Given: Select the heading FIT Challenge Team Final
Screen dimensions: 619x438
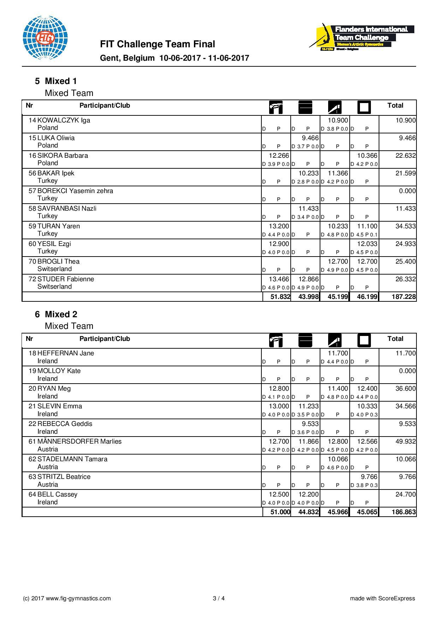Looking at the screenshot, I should pyautogui.click(x=158, y=44).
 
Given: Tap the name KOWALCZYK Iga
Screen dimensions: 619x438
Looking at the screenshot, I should pyautogui.click(x=64, y=120).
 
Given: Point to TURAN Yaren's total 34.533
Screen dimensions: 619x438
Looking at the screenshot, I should pyautogui.click(x=405, y=226).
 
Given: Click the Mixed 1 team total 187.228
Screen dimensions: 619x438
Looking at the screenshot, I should pyautogui.click(x=403, y=297).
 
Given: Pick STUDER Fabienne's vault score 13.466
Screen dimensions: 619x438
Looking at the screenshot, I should pyautogui.click(x=279, y=279).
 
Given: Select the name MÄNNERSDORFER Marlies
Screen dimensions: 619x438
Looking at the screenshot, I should pyautogui.click(x=79, y=441).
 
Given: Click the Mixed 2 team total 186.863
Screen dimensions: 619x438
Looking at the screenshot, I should pyautogui.click(x=403, y=512).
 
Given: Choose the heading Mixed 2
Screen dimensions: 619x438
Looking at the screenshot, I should pyautogui.click(x=61, y=314).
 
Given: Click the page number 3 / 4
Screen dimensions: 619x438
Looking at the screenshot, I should pyautogui.click(x=219, y=598).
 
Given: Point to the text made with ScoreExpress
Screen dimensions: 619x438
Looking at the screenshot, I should pyautogui.click(x=383, y=598).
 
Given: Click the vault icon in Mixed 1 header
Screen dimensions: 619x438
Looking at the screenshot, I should pyautogui.click(x=276, y=107).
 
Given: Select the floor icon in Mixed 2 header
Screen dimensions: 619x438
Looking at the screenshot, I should pyautogui.click(x=364, y=341).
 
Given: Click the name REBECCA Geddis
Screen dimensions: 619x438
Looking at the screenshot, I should pyautogui.click(x=65, y=424).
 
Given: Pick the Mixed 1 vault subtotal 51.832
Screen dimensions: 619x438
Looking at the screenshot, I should pyautogui.click(x=280, y=297).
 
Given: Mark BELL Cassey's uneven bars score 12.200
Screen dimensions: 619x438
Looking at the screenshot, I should pyautogui.click(x=308, y=494).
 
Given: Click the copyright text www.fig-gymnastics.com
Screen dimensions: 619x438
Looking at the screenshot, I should pyautogui.click(x=67, y=598).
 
